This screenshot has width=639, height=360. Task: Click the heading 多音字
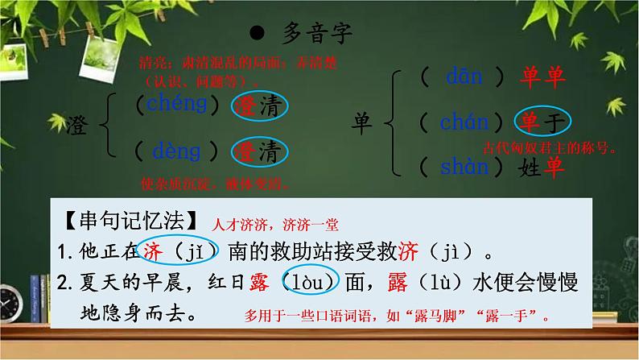coord(319,34)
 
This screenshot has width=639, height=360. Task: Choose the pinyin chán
coord(464,122)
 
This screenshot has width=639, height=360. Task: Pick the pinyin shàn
coord(464,167)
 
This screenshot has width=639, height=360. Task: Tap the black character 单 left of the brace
coord(365,122)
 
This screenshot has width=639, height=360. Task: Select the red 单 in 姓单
coord(554,167)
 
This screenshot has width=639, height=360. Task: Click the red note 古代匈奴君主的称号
coord(550,148)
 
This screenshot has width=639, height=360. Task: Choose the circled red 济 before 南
coord(153,251)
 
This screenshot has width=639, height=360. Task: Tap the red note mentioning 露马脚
coord(399,317)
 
